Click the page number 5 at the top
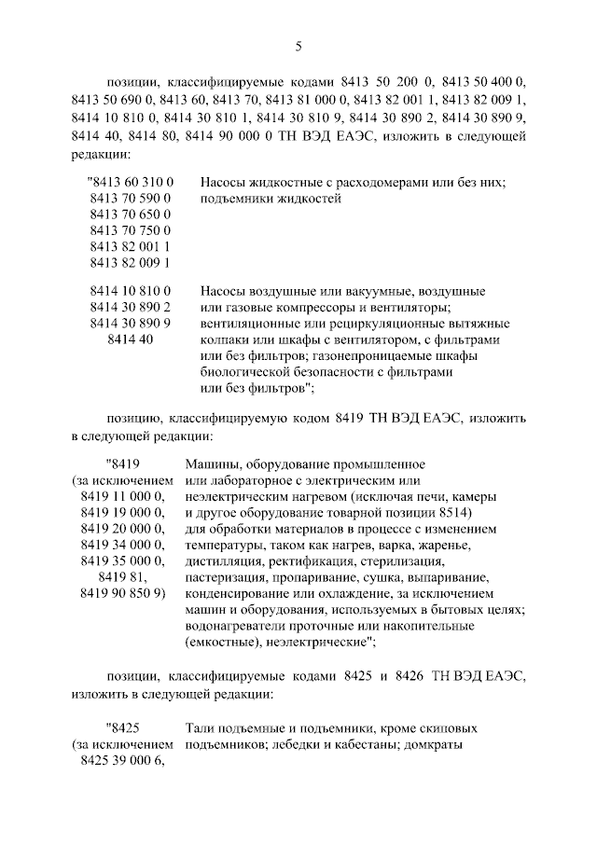[298, 46]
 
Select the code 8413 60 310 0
[129, 183]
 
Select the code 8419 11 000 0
[122, 497]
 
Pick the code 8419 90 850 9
[122, 592]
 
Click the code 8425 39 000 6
[122, 761]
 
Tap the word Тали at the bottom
[201, 728]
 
